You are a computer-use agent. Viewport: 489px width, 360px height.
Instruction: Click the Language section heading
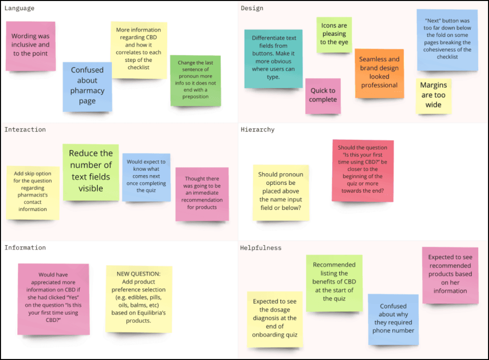[x=19, y=8]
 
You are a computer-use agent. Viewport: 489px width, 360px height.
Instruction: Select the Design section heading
[x=252, y=8]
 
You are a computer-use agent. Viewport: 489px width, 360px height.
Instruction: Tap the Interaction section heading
[x=25, y=130]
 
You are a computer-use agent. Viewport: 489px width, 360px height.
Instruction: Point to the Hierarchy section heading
[x=258, y=130]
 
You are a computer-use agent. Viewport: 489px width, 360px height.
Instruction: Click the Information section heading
[x=25, y=248]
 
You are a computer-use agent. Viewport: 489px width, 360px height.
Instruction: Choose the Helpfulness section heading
[x=260, y=248]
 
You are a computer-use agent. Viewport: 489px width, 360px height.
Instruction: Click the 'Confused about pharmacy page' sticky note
[x=87, y=86]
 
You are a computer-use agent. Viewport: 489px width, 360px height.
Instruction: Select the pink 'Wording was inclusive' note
[x=31, y=45]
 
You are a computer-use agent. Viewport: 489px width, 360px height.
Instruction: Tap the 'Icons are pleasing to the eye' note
[x=334, y=34]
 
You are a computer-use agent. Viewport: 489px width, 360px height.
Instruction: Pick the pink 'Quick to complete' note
[x=323, y=95]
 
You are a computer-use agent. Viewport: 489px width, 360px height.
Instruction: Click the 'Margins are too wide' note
[x=433, y=95]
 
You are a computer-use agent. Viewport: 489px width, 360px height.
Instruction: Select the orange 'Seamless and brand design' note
[x=379, y=73]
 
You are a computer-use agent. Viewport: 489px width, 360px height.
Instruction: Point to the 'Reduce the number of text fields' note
[x=91, y=171]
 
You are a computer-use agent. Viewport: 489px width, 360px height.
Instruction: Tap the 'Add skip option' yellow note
[x=33, y=192]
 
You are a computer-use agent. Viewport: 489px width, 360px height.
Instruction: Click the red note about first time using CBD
[x=363, y=169]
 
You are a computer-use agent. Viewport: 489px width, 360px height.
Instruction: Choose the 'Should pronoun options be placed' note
[x=281, y=192]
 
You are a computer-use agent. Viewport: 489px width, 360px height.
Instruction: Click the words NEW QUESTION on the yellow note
[x=138, y=274]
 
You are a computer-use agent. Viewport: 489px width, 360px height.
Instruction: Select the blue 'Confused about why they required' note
[x=393, y=319]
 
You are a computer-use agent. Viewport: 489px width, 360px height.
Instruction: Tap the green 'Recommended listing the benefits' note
[x=334, y=282]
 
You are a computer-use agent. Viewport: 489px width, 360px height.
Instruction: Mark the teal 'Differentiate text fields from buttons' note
[x=274, y=57]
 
